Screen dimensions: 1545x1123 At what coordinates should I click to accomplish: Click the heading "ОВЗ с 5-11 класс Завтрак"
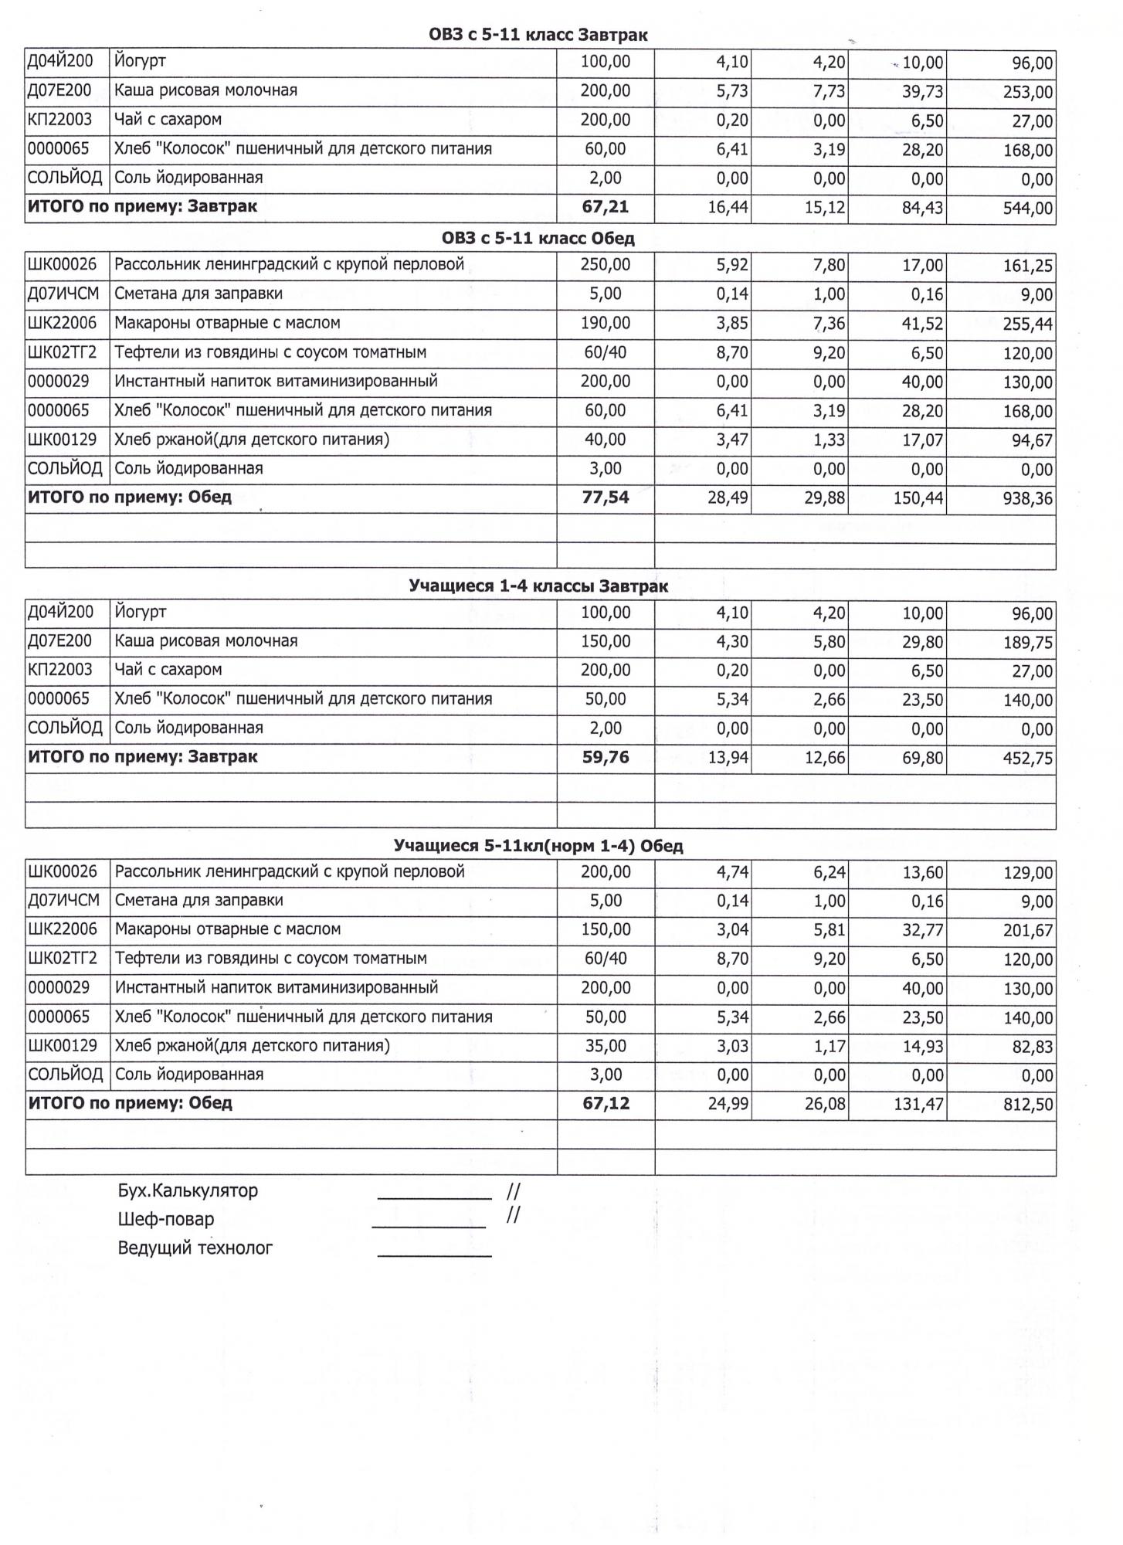pyautogui.click(x=538, y=35)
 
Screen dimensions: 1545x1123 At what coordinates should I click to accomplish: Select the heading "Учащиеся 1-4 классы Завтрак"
pyautogui.click(x=538, y=586)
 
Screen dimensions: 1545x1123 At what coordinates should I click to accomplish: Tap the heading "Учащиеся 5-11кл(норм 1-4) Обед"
pyautogui.click(x=538, y=846)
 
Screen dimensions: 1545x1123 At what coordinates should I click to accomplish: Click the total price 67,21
pyautogui.click(x=606, y=207)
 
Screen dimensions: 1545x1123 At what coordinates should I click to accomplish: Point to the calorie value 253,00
pyautogui.click(x=1027, y=93)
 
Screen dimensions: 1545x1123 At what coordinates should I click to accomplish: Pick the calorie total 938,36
pyautogui.click(x=1027, y=499)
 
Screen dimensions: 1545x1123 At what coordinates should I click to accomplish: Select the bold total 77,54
pyautogui.click(x=606, y=497)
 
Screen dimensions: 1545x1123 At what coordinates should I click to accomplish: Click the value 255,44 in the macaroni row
pyautogui.click(x=1027, y=324)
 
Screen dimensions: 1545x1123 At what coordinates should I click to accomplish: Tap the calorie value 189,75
pyautogui.click(x=1027, y=643)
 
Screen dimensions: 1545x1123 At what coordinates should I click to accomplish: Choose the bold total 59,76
pyautogui.click(x=606, y=757)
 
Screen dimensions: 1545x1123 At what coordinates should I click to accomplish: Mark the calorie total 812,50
pyautogui.click(x=1027, y=1105)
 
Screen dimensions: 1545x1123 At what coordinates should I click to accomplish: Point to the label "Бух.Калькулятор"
pyautogui.click(x=188, y=1190)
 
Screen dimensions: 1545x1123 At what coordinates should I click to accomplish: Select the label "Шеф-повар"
pyautogui.click(x=166, y=1219)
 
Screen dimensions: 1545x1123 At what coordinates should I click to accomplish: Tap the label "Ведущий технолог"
pyautogui.click(x=195, y=1248)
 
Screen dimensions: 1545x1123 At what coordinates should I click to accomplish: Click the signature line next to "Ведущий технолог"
pyautogui.click(x=434, y=1255)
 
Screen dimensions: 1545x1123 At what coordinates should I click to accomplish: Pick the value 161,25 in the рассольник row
pyautogui.click(x=1027, y=267)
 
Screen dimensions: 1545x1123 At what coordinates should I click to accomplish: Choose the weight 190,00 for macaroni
pyautogui.click(x=606, y=323)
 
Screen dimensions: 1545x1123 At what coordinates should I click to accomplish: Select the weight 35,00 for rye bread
pyautogui.click(x=606, y=1046)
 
